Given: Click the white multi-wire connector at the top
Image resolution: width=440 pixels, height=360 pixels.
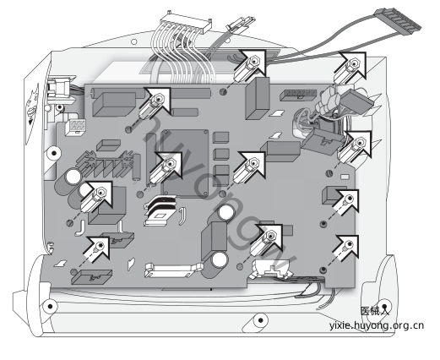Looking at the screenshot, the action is coord(186,22).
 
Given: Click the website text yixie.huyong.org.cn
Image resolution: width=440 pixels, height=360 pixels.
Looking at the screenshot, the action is coord(377,325).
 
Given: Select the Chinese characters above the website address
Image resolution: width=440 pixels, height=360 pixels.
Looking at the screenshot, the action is coord(375,311).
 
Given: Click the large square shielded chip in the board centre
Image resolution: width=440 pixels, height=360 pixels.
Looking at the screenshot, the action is coord(184,163).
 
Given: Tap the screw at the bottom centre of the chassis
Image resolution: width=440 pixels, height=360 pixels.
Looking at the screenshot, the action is coord(261,320).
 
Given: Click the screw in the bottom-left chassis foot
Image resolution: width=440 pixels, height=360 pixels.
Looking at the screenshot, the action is coord(50,306).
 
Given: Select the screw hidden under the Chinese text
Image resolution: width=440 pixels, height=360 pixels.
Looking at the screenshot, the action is coord(384,306).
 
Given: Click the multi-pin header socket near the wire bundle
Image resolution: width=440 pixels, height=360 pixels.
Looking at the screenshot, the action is coord(298,95).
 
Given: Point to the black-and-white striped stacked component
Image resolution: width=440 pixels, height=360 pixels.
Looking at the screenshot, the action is coord(160,210).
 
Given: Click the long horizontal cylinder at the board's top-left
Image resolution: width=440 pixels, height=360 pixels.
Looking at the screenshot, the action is coord(150,93).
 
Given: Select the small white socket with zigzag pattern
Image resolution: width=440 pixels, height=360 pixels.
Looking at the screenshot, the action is coord(76,128).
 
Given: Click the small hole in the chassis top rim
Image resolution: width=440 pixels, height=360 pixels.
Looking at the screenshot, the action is coord(134,42).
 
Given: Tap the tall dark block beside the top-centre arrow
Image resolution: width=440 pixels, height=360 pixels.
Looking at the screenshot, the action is coord(257,99).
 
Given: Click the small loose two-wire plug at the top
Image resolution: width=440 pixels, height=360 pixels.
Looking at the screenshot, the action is coord(240,24).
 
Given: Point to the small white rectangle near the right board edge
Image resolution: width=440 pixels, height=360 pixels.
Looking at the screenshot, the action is coord(345,177).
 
